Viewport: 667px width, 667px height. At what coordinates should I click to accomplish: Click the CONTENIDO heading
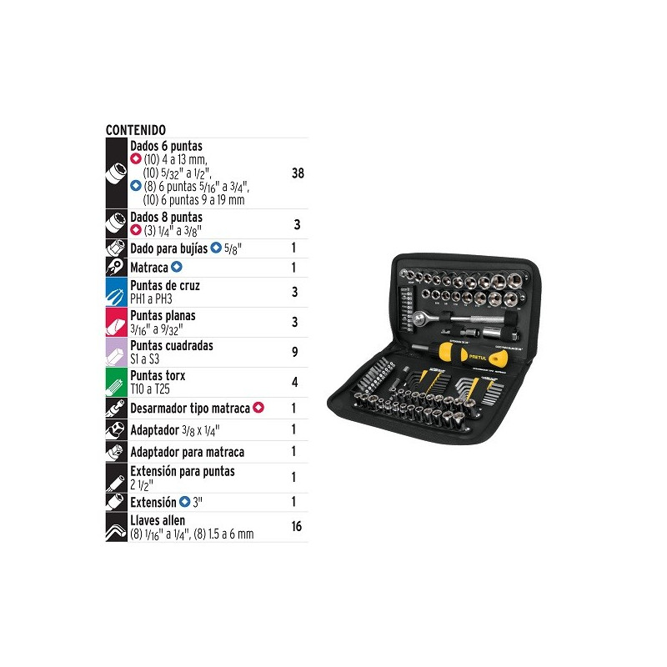point(136,130)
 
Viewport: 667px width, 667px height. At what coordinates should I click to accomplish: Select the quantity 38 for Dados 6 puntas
point(298,173)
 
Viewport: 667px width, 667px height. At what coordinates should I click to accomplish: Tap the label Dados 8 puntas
point(166,217)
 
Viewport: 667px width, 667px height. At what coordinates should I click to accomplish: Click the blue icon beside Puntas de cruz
point(116,292)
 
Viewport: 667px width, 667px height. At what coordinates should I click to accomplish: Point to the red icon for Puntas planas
point(116,322)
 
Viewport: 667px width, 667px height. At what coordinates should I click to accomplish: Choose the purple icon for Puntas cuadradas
point(116,352)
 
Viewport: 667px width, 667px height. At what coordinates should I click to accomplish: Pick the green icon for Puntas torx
point(116,382)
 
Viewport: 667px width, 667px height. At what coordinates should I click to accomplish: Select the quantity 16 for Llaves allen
point(297,526)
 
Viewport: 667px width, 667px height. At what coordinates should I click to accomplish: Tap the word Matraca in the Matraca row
point(149,268)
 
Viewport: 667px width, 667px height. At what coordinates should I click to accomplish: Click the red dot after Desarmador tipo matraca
point(258,408)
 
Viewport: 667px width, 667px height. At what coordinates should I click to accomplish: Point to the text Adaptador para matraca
point(187,452)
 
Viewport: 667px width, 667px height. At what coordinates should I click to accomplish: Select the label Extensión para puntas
point(183,471)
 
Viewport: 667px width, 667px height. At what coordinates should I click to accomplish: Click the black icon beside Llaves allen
point(116,526)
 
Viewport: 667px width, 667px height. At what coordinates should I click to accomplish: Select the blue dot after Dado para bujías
point(215,248)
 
